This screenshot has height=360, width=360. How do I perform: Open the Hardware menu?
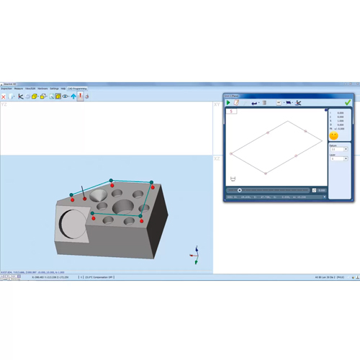(42, 89)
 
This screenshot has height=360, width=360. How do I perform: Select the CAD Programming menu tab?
(76, 89)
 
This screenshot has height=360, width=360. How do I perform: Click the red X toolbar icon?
(4, 96)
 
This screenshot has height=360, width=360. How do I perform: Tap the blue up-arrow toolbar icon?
(73, 96)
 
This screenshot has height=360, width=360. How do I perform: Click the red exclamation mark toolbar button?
(80, 96)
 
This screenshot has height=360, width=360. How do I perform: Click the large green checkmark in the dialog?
(348, 103)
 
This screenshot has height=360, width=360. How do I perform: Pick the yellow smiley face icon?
(333, 135)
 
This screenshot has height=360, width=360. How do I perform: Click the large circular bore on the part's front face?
(73, 225)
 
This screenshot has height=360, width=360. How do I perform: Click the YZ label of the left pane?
(4, 104)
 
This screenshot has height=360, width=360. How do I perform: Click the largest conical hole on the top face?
(121, 207)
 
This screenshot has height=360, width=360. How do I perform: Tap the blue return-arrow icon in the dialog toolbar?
(253, 103)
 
